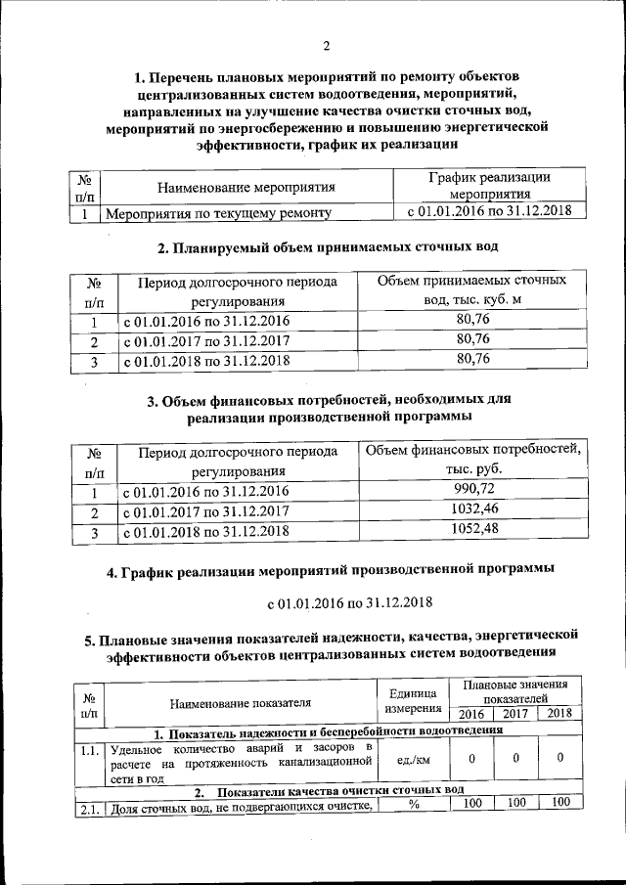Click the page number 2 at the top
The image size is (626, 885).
(327, 44)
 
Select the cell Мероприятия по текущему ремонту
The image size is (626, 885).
(217, 212)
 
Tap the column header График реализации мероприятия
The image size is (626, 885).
(488, 186)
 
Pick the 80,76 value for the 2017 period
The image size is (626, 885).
(472, 339)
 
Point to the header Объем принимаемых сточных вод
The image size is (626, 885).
(472, 290)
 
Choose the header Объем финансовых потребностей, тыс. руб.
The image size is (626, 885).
(473, 459)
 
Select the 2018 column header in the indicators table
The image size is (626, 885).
(559, 713)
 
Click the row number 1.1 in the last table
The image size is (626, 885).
(89, 751)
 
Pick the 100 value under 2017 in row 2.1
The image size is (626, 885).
(516, 803)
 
